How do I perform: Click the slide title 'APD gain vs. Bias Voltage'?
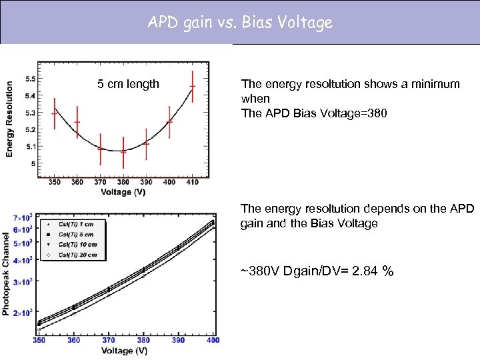click(x=240, y=23)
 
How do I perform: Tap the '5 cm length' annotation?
click(x=128, y=84)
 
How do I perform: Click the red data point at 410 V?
click(x=193, y=87)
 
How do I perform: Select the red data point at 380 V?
click(x=123, y=152)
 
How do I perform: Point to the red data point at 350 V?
click(x=55, y=113)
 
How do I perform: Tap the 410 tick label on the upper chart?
click(x=193, y=182)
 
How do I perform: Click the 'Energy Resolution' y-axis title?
click(x=9, y=119)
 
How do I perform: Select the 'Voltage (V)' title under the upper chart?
click(x=124, y=192)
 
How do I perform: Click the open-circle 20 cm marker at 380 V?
click(x=143, y=275)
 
